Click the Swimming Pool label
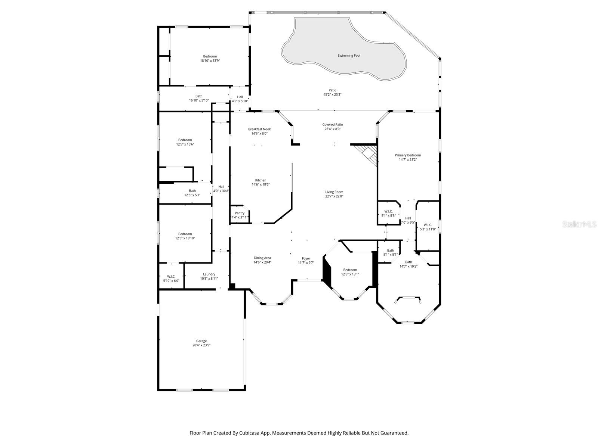(x=349, y=56)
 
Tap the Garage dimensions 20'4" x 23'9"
(x=201, y=345)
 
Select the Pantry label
(x=240, y=213)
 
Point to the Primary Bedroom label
(x=408, y=155)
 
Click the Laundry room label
(x=209, y=274)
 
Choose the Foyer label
(x=306, y=258)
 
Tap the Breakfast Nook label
(x=259, y=129)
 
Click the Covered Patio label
(x=333, y=125)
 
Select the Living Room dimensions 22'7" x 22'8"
(x=334, y=196)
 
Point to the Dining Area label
(x=262, y=258)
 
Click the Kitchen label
(x=261, y=180)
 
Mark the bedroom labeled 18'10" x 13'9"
(x=210, y=58)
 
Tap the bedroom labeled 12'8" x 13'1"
(x=350, y=272)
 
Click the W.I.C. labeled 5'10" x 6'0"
(x=171, y=279)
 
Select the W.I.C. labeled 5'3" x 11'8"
(x=428, y=227)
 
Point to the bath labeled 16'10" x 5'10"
(x=199, y=98)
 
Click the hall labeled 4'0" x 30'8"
(x=221, y=189)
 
